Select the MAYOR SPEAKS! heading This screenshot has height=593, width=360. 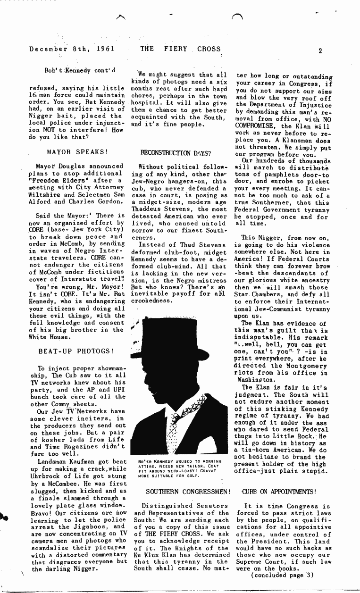pyautogui.click(x=78, y=152)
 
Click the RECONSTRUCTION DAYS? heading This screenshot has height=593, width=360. pyautogui.click(x=176, y=153)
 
